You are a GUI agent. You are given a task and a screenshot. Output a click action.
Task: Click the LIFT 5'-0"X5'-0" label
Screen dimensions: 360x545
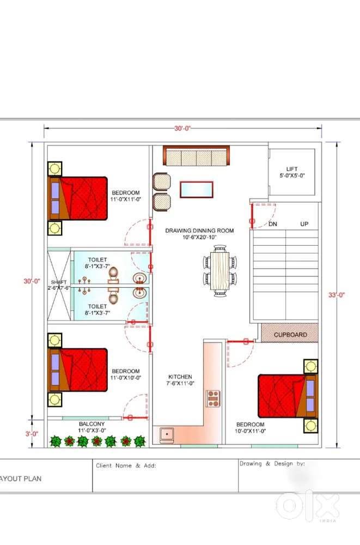(292, 172)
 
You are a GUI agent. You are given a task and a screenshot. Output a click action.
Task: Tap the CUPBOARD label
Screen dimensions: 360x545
(290, 335)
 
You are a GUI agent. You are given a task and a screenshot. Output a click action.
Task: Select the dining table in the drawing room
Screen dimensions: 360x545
(220, 271)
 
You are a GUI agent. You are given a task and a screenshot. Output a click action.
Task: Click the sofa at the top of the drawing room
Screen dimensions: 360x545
(196, 156)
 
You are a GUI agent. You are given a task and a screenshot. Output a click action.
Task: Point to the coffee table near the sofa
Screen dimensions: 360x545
(196, 190)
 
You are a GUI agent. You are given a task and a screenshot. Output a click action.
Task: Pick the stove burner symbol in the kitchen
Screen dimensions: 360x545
(213, 399)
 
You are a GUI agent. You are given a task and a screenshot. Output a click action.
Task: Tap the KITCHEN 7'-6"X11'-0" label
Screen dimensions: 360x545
(180, 380)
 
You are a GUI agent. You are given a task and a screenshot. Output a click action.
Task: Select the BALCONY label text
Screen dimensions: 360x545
(91, 424)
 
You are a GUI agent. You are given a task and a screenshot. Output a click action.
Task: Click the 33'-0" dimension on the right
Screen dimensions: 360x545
(337, 295)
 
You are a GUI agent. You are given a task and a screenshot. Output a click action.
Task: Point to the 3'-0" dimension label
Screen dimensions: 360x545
(32, 434)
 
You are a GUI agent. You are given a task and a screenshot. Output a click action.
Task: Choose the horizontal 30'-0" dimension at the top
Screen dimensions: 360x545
(183, 128)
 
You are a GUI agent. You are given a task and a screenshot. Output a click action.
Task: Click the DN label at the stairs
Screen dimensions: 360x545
(273, 224)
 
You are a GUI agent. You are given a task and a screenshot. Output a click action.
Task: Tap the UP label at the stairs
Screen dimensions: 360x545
(304, 224)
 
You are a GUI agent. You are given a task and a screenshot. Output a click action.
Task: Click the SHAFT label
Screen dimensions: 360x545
(58, 282)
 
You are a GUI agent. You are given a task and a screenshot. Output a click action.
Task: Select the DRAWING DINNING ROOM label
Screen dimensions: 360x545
(199, 231)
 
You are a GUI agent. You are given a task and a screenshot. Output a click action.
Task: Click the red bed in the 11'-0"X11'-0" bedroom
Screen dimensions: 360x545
(77, 198)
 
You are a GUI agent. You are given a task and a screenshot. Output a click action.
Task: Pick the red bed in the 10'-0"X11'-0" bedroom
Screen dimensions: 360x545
(288, 396)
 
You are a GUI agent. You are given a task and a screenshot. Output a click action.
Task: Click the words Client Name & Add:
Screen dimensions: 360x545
(126, 466)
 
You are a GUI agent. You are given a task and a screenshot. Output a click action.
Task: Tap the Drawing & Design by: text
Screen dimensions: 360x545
(272, 464)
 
